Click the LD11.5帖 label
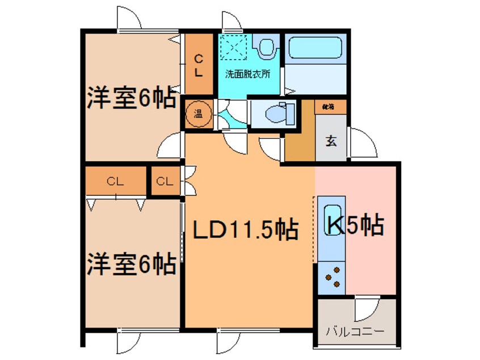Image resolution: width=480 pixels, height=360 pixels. pyautogui.click(x=245, y=230)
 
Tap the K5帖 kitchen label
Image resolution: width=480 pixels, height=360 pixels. pyautogui.click(x=355, y=225)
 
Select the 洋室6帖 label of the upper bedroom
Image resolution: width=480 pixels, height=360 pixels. pyautogui.click(x=131, y=99)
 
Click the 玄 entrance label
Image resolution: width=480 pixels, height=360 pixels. pyautogui.click(x=330, y=141)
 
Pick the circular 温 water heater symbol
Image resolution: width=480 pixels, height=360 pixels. pyautogui.click(x=200, y=114)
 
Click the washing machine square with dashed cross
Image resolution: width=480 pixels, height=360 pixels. pyautogui.click(x=234, y=47)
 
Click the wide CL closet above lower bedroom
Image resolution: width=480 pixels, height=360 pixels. pyautogui.click(x=116, y=182)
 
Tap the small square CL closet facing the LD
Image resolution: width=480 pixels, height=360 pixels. pyautogui.click(x=165, y=182)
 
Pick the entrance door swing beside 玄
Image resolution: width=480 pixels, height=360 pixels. pyautogui.click(x=363, y=143)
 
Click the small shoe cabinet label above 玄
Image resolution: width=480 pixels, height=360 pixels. pyautogui.click(x=329, y=107)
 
